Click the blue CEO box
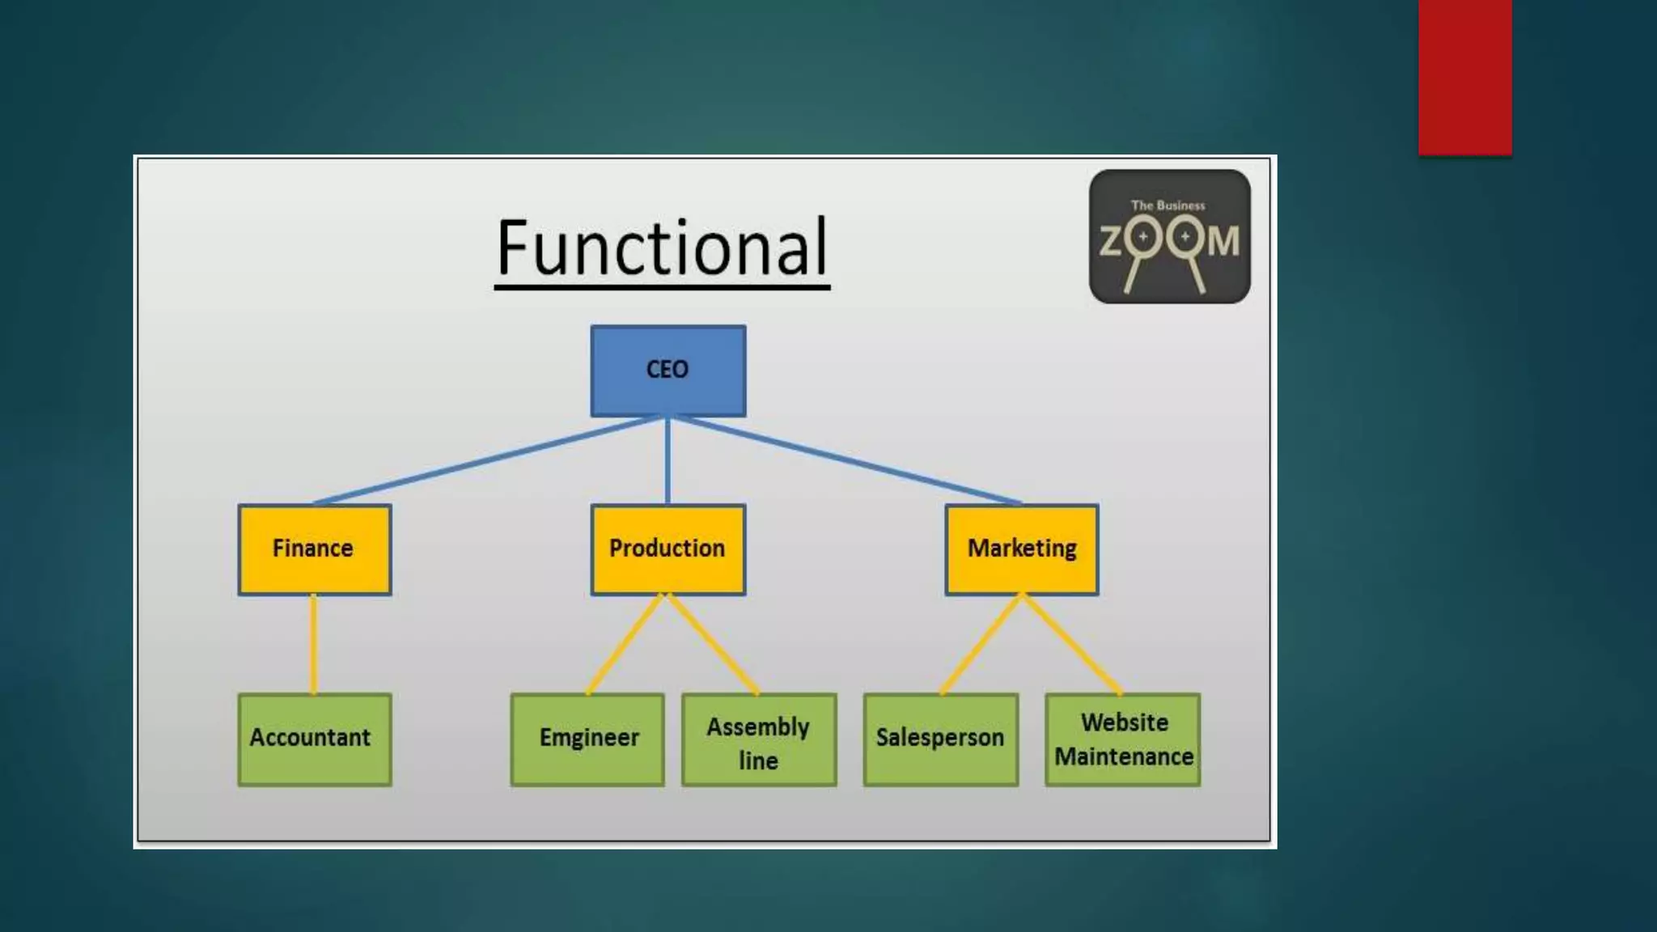667,371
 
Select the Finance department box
314,549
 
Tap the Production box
667,549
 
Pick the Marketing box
1021,549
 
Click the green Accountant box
314,739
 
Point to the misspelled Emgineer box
587,739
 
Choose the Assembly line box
758,739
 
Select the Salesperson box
940,739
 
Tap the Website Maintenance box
1122,739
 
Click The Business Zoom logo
1169,236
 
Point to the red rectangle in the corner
1464,77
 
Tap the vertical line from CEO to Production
667,461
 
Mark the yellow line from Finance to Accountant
314,644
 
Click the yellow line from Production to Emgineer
625,644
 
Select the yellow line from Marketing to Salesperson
981,644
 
